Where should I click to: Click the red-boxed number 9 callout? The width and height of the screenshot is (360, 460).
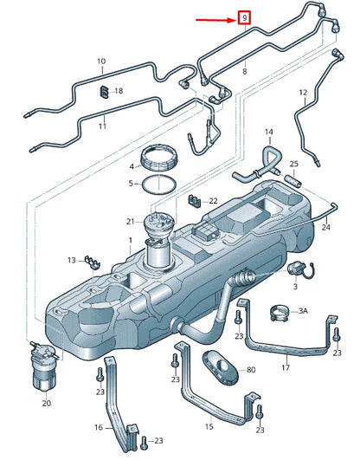[245, 16]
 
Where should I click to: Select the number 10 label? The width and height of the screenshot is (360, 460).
[101, 62]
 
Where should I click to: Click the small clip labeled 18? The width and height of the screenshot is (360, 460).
[104, 90]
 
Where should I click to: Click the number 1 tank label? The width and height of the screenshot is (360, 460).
[130, 240]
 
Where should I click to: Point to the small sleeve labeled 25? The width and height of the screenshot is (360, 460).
[294, 183]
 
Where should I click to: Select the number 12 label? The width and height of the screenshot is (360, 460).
[303, 92]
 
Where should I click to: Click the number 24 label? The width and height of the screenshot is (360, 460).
[325, 228]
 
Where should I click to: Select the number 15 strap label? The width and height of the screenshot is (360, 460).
[209, 426]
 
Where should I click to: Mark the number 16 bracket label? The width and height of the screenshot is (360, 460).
[100, 427]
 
